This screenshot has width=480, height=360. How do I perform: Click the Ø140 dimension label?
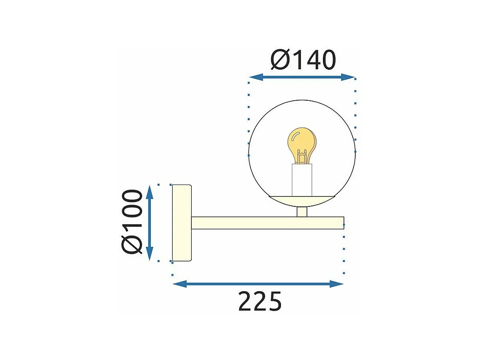tap(303, 60)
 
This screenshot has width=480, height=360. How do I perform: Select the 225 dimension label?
tap(260, 301)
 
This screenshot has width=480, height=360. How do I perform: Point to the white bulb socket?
tap(302, 180)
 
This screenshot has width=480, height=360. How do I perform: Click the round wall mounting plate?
tap(181, 223)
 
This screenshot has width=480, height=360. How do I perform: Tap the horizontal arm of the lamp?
tap(266, 223)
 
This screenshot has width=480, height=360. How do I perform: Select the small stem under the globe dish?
tap(301, 211)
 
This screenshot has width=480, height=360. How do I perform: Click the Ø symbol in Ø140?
tap(281, 60)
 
